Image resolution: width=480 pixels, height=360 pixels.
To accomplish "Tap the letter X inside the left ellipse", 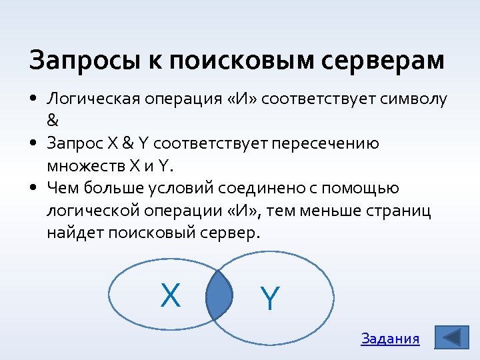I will pos(171,295).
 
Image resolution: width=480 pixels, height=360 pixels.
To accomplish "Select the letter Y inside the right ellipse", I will pos(269,299).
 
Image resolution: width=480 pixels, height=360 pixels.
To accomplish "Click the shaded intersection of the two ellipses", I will pos(219,297).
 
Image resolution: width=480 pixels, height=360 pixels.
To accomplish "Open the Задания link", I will pos(390,339).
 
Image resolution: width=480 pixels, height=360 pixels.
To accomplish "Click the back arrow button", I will pos(451,337).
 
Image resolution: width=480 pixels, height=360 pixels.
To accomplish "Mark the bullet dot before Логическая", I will pos(33,99).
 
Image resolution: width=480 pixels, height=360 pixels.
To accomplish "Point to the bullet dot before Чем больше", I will pos(33,189).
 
